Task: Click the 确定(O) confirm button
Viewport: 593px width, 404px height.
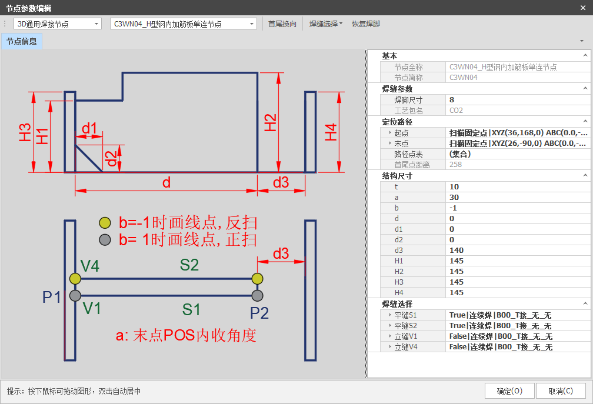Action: point(509,391)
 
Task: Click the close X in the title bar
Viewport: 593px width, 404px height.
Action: point(583,8)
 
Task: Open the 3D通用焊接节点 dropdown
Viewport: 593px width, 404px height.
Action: point(58,24)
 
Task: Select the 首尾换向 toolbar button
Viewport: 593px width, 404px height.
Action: point(282,24)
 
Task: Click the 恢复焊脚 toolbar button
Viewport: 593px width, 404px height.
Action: point(366,24)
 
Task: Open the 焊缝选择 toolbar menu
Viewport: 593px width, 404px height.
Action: point(326,24)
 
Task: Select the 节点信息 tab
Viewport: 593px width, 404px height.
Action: point(22,41)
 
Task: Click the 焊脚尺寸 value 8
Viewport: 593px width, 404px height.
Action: point(452,100)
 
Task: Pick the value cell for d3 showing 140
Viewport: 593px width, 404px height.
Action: point(457,250)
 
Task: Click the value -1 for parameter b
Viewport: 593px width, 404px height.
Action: point(453,208)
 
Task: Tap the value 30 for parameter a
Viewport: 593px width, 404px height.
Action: point(454,197)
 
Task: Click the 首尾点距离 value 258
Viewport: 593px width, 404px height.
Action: point(456,165)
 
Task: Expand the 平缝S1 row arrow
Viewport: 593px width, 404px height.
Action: point(390,315)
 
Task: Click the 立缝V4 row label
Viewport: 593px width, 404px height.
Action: point(406,347)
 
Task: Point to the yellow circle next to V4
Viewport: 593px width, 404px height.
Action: point(75,279)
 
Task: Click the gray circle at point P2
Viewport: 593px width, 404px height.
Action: point(257,296)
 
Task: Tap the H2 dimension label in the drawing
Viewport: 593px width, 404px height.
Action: point(270,122)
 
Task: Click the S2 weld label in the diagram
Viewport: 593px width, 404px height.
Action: point(189,265)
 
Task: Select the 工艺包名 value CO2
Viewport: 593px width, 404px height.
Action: point(456,111)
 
